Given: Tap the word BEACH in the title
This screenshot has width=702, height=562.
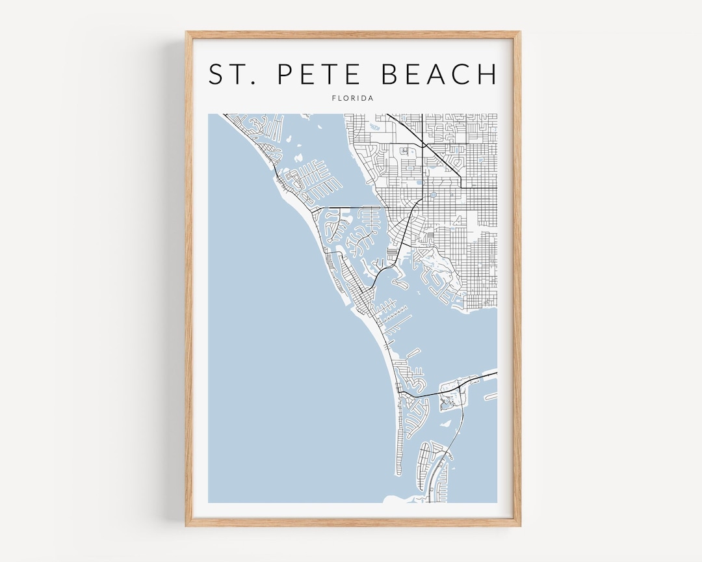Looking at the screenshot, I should tap(439, 75).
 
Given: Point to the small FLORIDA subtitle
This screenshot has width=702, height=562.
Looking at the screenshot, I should tap(352, 98).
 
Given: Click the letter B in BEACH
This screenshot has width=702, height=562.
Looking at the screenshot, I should tap(391, 75).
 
